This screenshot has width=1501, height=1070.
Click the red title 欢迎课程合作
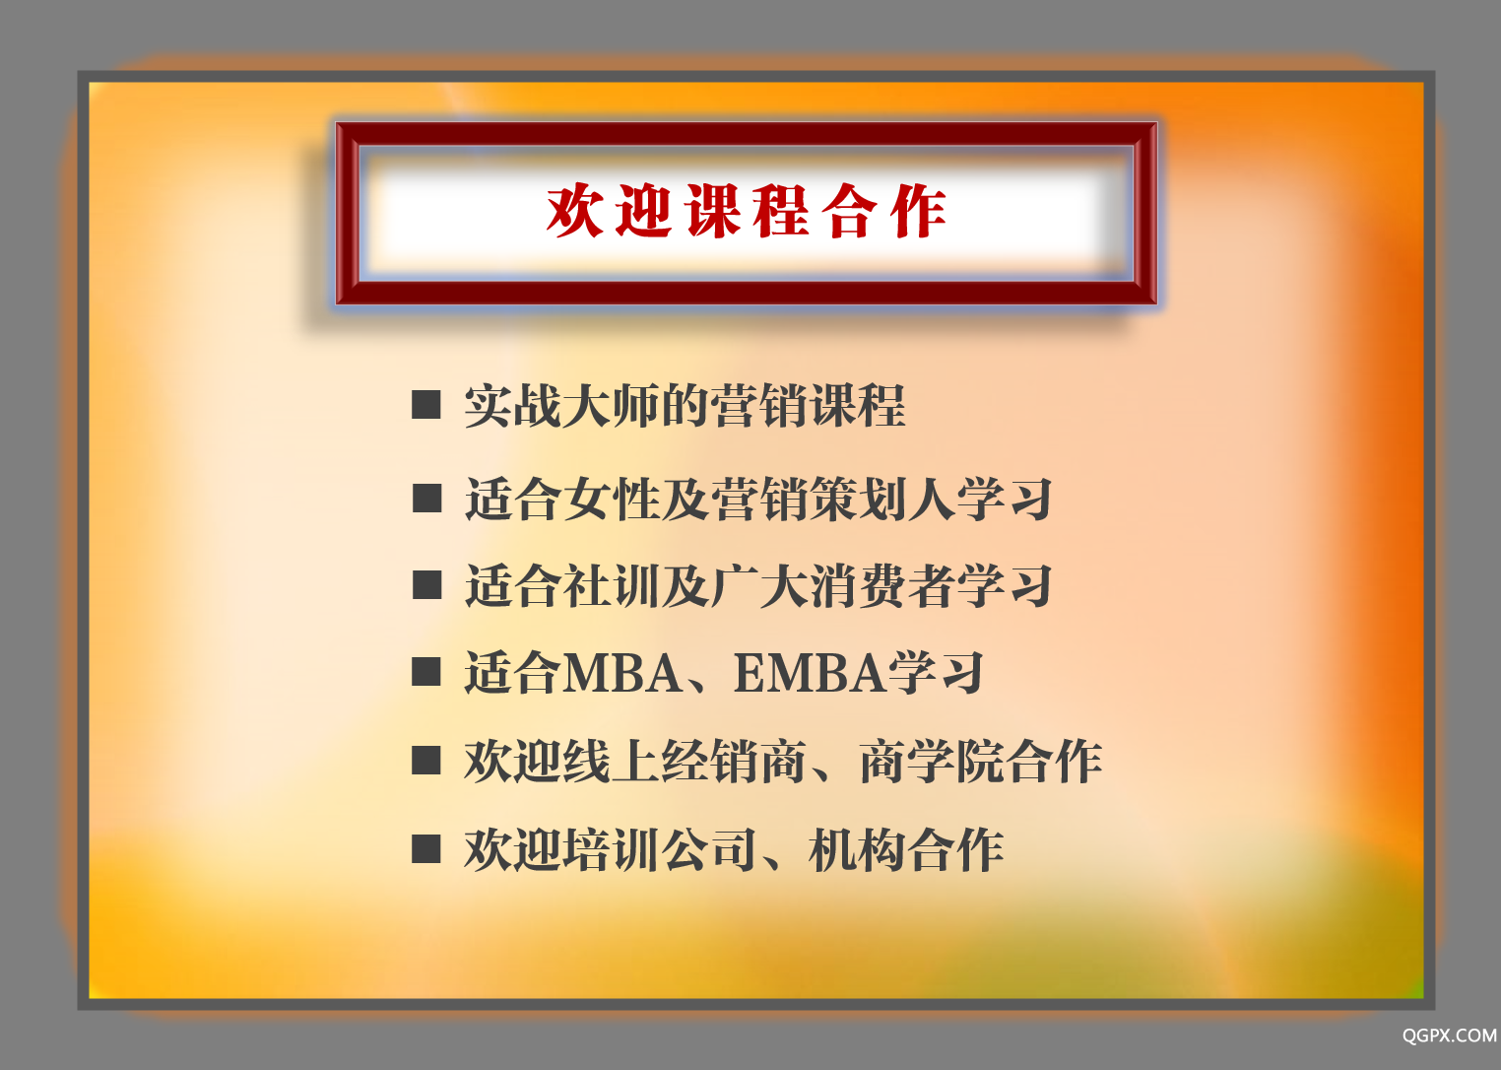(746, 211)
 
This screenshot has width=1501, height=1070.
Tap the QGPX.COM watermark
(1450, 1036)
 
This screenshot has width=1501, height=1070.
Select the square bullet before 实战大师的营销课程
(426, 405)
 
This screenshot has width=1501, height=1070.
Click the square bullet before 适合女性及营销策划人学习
(426, 499)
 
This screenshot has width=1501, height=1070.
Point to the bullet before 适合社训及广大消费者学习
(426, 584)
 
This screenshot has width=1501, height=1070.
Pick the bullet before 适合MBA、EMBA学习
(426, 672)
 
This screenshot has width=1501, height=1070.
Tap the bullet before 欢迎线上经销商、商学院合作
(426, 761)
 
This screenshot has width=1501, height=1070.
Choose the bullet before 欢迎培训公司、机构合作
(426, 848)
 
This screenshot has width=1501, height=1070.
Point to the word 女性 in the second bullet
(611, 499)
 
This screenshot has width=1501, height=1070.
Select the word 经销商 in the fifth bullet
(733, 761)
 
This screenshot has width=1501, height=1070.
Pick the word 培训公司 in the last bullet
(660, 849)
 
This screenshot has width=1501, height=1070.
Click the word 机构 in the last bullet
(858, 849)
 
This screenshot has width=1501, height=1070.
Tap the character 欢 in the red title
(574, 211)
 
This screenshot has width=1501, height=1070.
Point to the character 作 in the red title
(919, 211)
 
